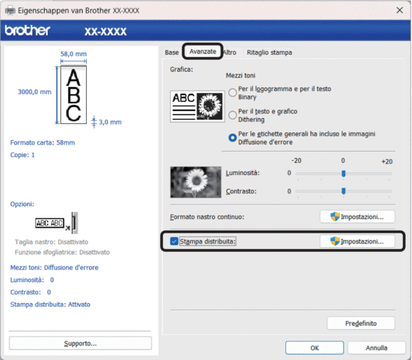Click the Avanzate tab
point(203,51)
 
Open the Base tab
point(171,52)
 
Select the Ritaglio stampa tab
point(269,52)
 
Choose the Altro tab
point(230,52)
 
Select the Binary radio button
point(233,92)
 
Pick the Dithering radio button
point(233,115)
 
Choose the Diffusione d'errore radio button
point(233,138)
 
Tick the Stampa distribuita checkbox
point(174,241)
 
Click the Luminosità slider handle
point(344,174)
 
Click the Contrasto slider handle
point(344,191)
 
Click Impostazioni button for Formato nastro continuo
point(357,217)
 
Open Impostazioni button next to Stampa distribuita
point(357,241)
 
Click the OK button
point(315,348)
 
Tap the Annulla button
point(376,348)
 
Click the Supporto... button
point(80,344)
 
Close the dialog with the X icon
point(400,10)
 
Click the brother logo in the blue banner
point(27,31)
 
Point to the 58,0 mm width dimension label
point(73,54)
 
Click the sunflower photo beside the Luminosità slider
point(196,182)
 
